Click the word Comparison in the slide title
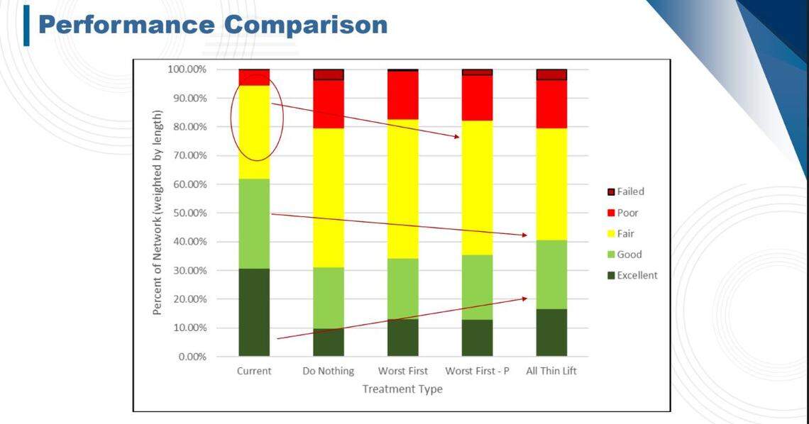point(307,25)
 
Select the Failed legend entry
point(630,191)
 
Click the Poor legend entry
point(627,213)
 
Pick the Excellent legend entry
point(637,275)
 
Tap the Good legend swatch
point(610,255)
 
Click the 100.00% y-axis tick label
point(187,69)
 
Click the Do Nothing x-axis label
point(328,372)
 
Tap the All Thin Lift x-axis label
point(551,372)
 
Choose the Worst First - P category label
point(477,372)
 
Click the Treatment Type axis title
point(402,389)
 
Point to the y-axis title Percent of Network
point(157,213)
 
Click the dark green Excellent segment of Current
point(254,312)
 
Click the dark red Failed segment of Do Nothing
point(329,74)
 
